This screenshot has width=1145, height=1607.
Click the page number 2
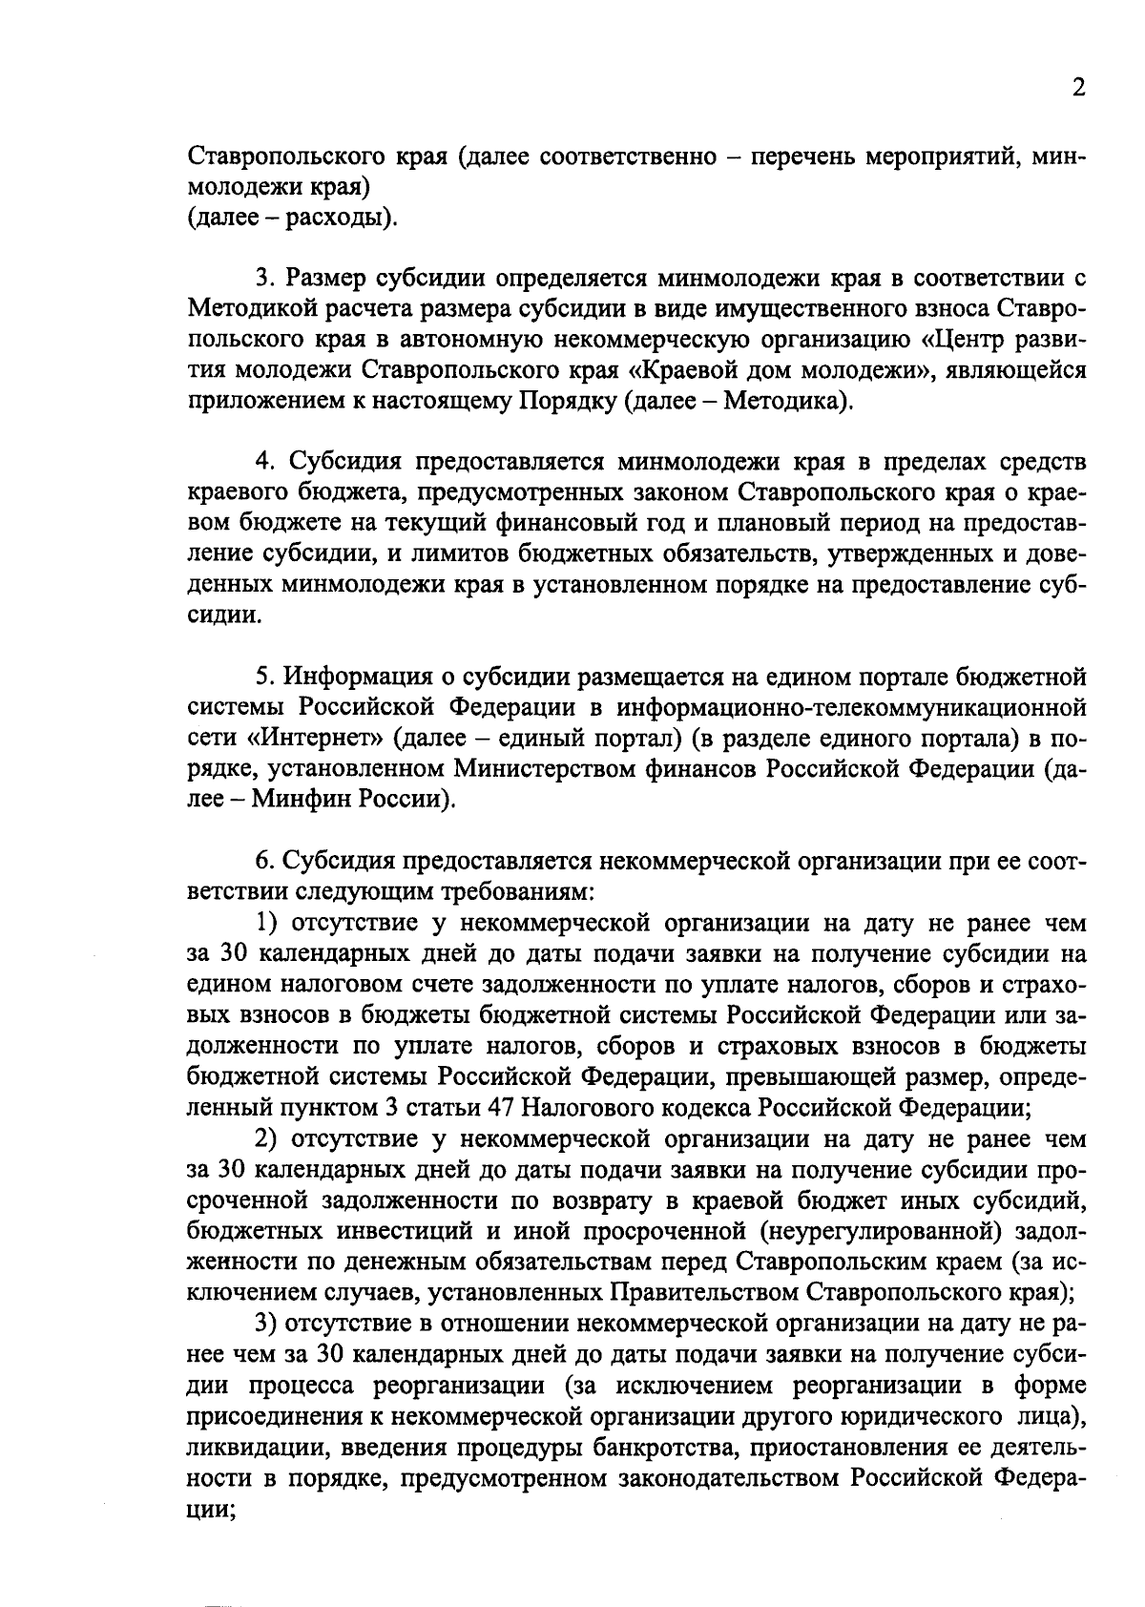pyautogui.click(x=1078, y=88)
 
